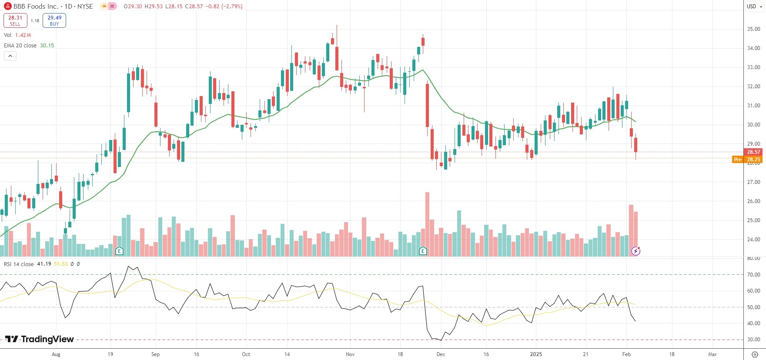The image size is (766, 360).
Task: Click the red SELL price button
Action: coord(15,20)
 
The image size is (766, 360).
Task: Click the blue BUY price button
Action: coord(54,20)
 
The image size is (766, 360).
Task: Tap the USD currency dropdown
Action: coord(754,7)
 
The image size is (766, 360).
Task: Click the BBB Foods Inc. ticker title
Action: coord(36,7)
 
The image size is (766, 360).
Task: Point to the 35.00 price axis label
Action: coord(753,29)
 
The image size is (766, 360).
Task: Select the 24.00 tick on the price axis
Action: coord(753,240)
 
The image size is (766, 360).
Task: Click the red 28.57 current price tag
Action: coord(753,152)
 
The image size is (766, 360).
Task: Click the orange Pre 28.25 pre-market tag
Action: coord(747,160)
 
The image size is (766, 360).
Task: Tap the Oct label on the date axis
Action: coord(246,354)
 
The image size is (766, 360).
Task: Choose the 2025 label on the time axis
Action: coord(536,354)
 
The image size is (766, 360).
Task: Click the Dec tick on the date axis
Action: coord(441,354)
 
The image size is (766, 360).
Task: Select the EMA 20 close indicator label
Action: coord(20,46)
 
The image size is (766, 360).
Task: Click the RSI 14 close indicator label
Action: coord(19,264)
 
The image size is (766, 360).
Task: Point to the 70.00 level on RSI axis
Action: coord(753,275)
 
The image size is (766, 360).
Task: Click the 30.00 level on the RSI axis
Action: coord(753,340)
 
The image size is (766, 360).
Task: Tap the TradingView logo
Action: coord(40,339)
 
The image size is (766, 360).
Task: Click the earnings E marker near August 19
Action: coord(119,251)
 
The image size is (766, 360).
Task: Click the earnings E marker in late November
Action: coord(423,251)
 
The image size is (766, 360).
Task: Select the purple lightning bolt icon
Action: coord(636,251)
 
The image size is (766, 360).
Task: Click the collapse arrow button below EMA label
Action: coord(10,56)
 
